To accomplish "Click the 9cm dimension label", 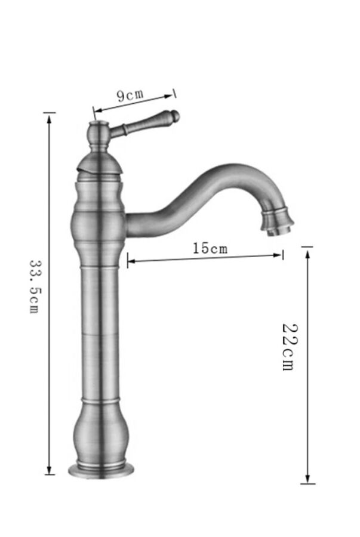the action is (130, 95).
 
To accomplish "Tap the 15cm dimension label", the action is (210, 248).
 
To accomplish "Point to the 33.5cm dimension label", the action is (35, 286).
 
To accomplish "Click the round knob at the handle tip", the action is (176, 116).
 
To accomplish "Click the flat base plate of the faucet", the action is (101, 470).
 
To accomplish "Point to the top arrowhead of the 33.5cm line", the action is (50, 119).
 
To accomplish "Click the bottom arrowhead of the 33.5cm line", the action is (50, 470).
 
